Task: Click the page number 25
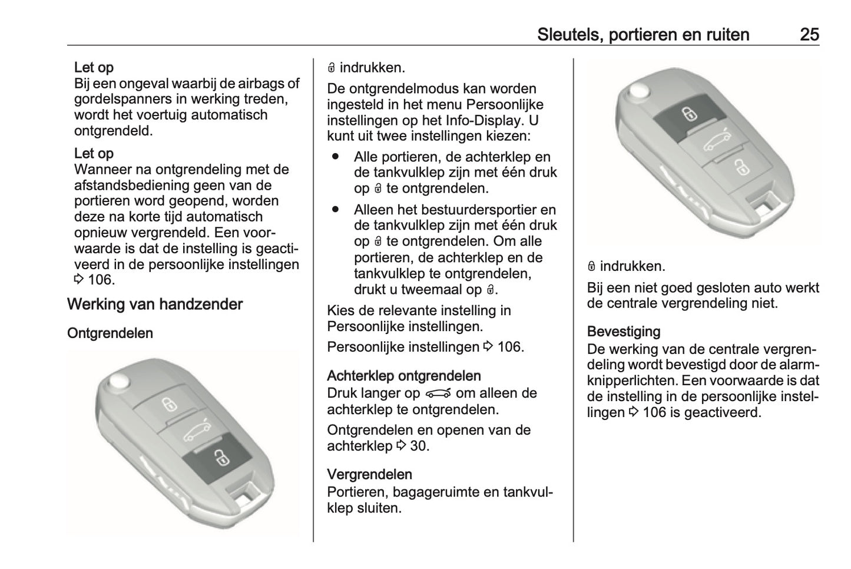(809, 34)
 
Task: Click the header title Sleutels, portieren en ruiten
(643, 34)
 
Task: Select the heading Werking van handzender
(155, 305)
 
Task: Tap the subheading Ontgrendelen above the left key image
(110, 333)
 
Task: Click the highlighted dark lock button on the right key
(686, 113)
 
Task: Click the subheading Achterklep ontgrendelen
(404, 376)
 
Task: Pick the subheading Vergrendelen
(369, 474)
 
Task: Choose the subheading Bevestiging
(624, 332)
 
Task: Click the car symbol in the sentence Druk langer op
(438, 393)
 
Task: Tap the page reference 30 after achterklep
(419, 446)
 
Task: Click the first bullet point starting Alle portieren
(336, 157)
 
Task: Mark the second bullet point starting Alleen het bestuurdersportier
(336, 210)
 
